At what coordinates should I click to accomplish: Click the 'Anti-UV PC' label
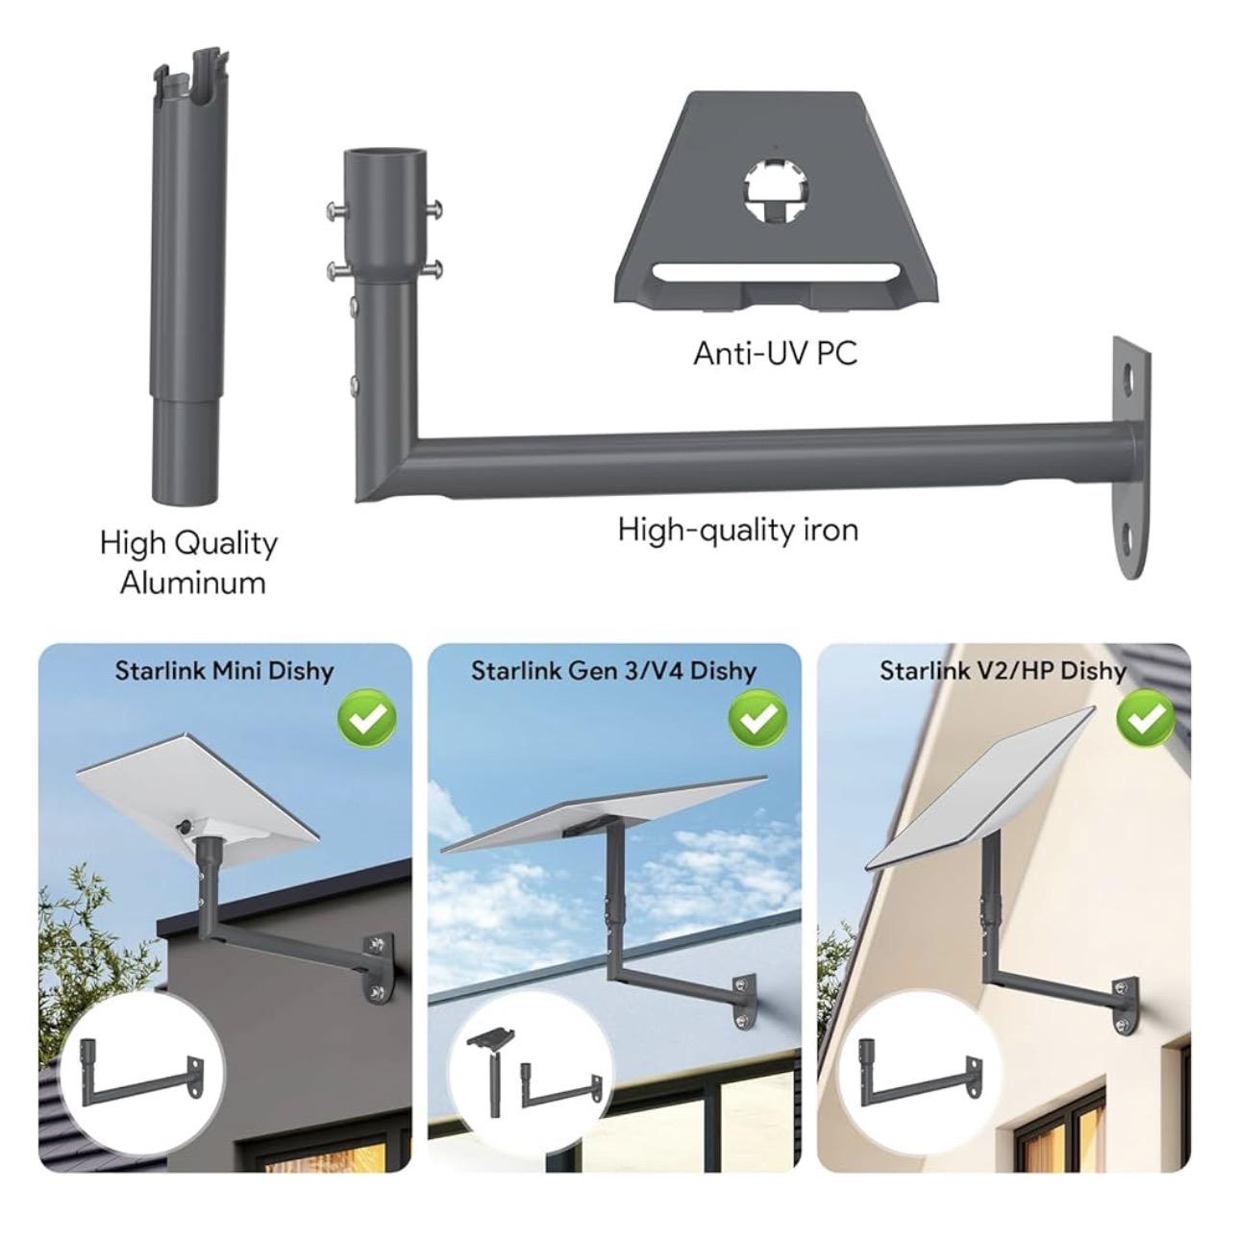click(775, 353)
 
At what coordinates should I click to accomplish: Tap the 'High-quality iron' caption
click(737, 529)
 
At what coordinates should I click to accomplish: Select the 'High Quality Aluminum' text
click(189, 562)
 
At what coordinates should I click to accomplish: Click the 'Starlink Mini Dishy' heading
click(224, 670)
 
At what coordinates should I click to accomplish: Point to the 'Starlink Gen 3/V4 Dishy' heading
click(613, 670)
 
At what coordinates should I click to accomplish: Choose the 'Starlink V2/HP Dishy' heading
click(1003, 670)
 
